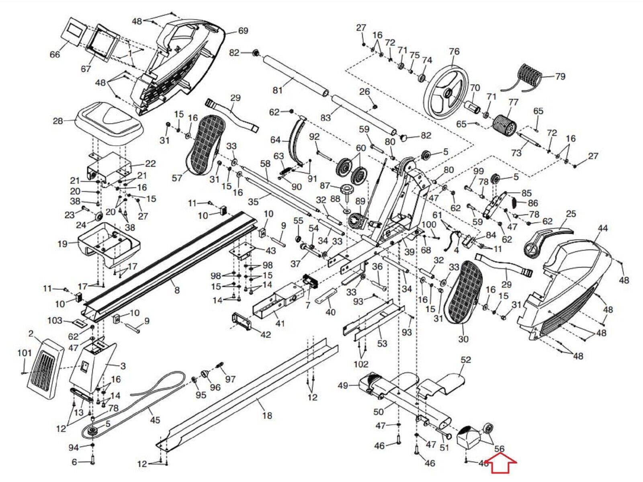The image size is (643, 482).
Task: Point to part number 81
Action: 277,90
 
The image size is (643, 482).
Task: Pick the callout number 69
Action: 243,31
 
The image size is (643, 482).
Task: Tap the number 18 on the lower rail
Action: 267,416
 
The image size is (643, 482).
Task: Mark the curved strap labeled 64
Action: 296,143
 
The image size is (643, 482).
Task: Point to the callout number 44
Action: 602,228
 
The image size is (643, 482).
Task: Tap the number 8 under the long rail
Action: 177,290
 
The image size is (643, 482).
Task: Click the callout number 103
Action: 55,320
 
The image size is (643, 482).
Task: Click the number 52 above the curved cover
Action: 465,359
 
